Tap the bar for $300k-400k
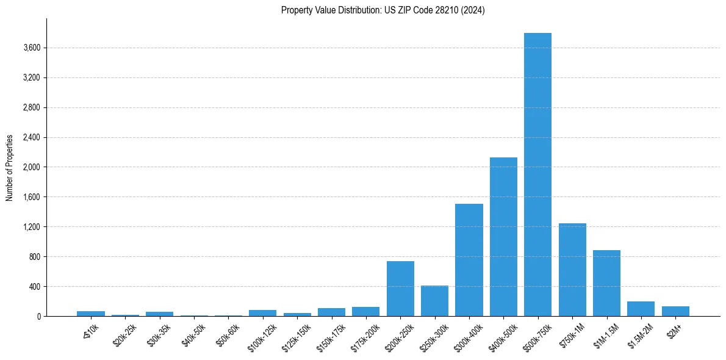point(469,260)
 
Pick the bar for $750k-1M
point(572,270)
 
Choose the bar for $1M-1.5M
point(606,283)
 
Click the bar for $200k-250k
point(400,289)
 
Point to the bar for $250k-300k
point(434,301)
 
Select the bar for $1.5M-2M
point(641,309)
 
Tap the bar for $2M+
point(675,311)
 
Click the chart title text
point(383,10)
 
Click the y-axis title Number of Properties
point(10,167)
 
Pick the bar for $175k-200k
point(365,311)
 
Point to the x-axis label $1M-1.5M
point(602,336)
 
